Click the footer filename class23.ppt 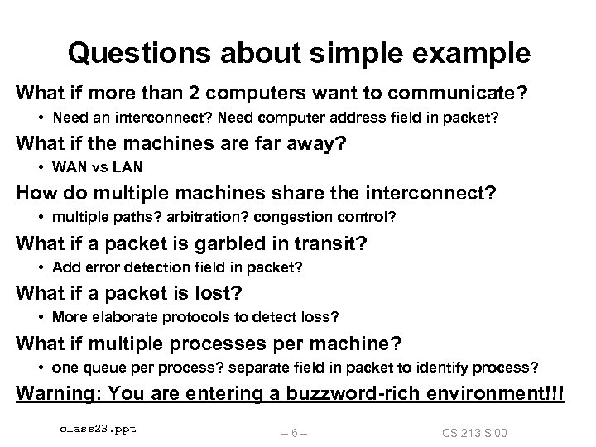click(99, 429)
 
